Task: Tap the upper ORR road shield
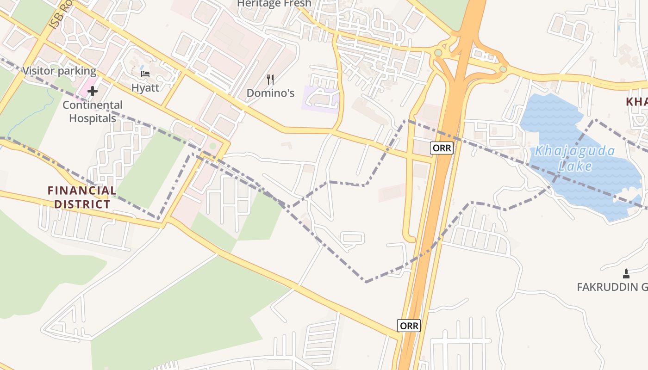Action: point(442,148)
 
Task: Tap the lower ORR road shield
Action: point(409,326)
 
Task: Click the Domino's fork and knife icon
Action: point(271,80)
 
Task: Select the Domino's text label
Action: point(270,93)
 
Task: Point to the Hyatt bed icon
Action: point(145,74)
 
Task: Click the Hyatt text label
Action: point(145,87)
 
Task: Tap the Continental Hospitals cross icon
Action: point(93,91)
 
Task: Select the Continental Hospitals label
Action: point(93,111)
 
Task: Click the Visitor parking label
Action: point(59,71)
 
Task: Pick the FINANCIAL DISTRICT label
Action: point(82,197)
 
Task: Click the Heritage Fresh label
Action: point(274,4)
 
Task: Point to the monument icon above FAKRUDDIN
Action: point(626,273)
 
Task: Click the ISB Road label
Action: point(60,16)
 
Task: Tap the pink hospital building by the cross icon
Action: point(84,88)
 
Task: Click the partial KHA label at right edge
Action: point(637,102)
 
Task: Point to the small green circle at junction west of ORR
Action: point(438,53)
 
